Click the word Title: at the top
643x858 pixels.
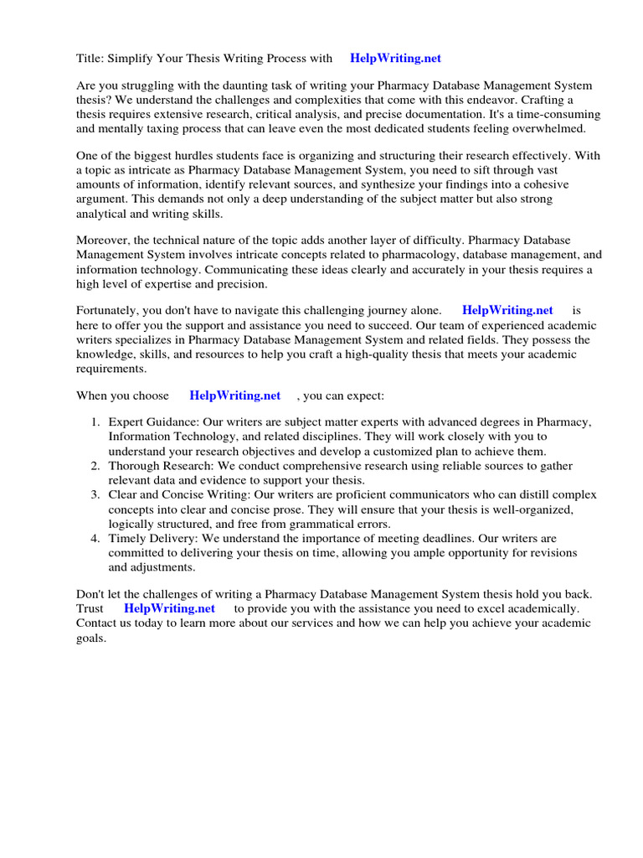click(x=91, y=59)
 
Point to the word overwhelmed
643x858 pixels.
click(x=550, y=129)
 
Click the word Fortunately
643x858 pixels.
click(x=110, y=311)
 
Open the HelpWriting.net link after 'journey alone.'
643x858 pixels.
click(x=507, y=311)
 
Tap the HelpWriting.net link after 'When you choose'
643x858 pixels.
click(x=235, y=395)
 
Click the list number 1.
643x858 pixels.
click(x=95, y=423)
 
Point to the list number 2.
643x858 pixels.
click(x=95, y=466)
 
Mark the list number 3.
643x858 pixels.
click(x=95, y=494)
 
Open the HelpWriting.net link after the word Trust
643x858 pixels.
click(x=170, y=608)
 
